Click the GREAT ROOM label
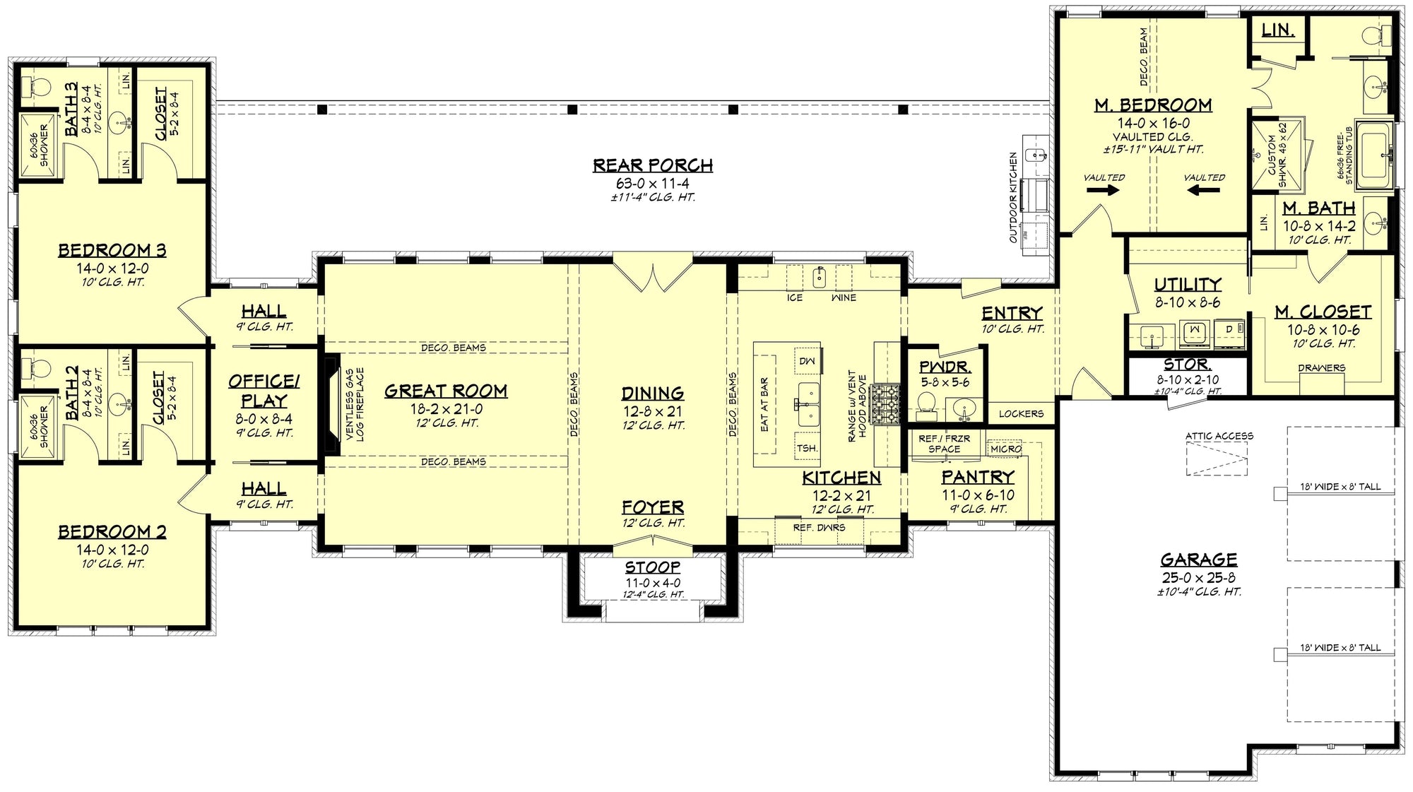click(446, 391)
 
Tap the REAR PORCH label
click(652, 165)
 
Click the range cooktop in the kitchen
click(887, 404)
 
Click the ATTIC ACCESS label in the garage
click(1219, 436)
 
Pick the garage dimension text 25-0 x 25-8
click(1198, 577)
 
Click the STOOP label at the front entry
click(652, 567)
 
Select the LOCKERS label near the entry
click(1021, 413)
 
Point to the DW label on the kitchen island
click(807, 361)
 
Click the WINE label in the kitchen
click(844, 297)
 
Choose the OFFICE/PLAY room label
click(264, 391)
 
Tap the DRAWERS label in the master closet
click(1321, 367)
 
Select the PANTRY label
click(978, 477)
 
